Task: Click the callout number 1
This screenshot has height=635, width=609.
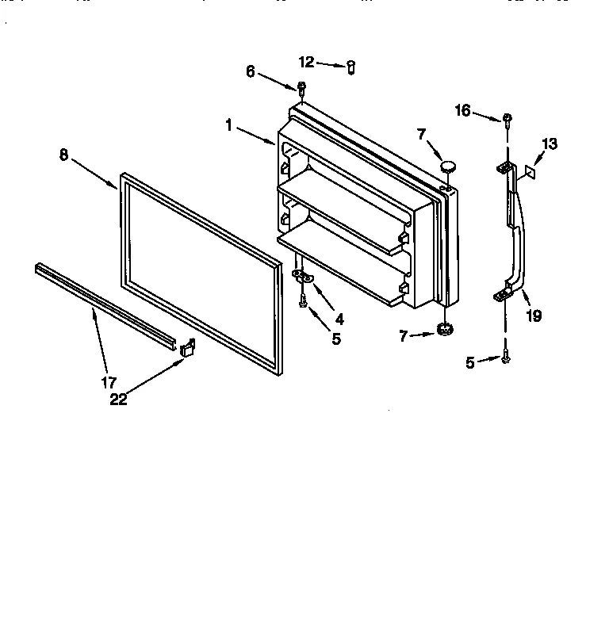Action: tap(229, 124)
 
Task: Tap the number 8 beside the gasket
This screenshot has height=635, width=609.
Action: tap(64, 155)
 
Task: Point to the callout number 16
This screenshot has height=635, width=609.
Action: tap(463, 110)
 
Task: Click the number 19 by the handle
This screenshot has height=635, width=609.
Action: tap(534, 316)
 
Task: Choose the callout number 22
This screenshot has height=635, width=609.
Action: tap(118, 400)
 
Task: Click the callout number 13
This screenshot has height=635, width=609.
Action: tap(550, 143)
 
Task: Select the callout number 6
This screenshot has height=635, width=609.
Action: tap(251, 71)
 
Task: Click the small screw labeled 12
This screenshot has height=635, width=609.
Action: tap(349, 67)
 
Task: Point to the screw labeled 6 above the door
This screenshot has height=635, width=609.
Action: tap(301, 86)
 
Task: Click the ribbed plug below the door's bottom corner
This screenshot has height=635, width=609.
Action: tap(444, 330)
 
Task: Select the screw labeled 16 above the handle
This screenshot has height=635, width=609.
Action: tap(507, 120)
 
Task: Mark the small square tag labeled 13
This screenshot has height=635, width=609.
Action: tap(532, 169)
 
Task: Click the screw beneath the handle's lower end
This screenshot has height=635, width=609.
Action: tap(506, 359)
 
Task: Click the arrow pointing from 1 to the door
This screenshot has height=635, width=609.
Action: tap(257, 135)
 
